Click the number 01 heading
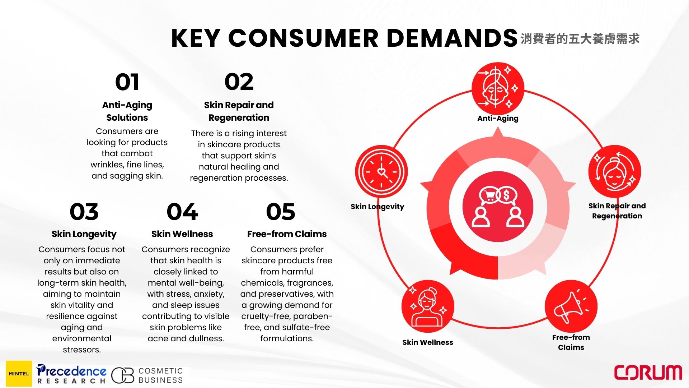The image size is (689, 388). (127, 82)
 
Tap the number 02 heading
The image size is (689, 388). (239, 82)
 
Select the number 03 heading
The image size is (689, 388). (84, 212)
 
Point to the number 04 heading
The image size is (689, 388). (182, 212)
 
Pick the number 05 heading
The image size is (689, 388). (281, 212)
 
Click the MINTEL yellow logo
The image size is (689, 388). (19, 374)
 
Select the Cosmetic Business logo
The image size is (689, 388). (147, 375)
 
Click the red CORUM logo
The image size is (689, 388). (648, 373)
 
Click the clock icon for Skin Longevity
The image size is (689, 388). (381, 172)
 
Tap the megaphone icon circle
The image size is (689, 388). (571, 306)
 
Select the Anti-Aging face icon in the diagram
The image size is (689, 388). (498, 88)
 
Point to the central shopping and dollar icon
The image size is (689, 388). (498, 207)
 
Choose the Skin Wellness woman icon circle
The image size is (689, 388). (428, 306)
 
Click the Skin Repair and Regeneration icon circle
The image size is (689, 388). (615, 172)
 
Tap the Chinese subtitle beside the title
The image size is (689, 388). (580, 39)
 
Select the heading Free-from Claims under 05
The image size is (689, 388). (287, 234)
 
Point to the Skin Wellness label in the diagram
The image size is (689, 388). (428, 342)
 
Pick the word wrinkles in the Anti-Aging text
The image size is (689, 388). (107, 165)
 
